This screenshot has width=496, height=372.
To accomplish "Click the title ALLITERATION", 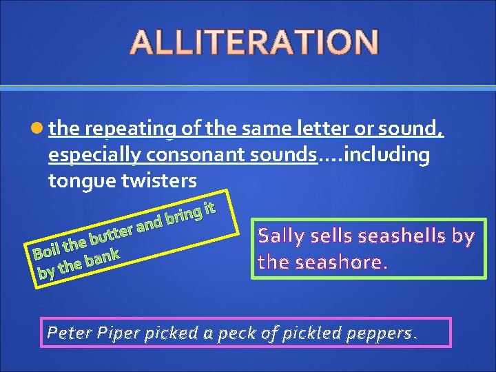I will (x=254, y=42).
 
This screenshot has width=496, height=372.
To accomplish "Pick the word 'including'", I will (x=386, y=156).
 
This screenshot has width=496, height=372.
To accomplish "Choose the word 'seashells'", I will (x=396, y=236).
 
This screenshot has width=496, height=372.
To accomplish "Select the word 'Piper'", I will (x=118, y=333).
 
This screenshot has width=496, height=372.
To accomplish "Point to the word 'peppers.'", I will (x=386, y=333).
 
